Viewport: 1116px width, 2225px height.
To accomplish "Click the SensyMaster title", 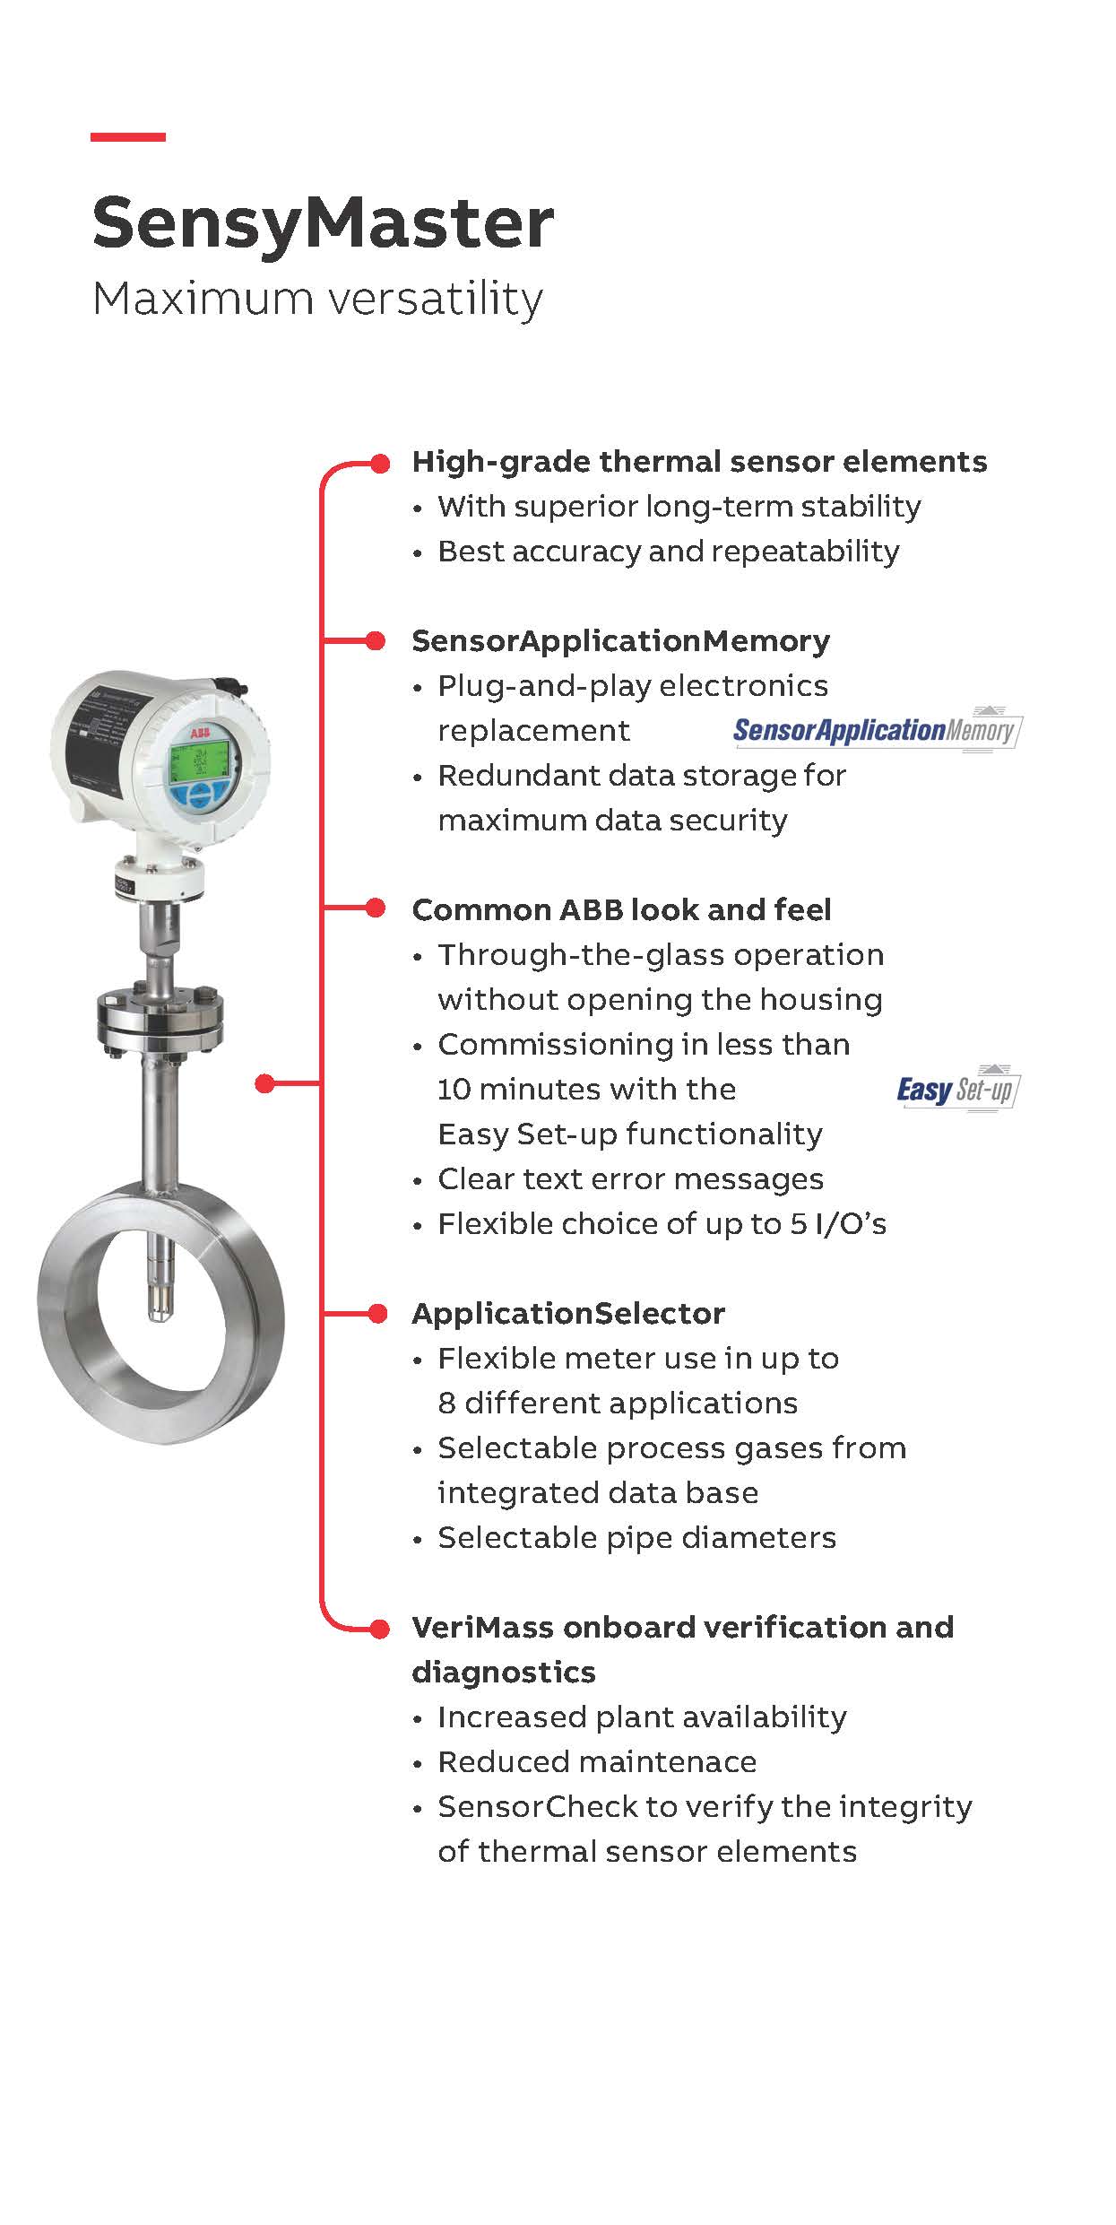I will tap(323, 222).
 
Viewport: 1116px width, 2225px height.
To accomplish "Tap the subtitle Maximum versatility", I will tap(317, 299).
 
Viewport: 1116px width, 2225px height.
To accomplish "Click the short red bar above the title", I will tap(128, 137).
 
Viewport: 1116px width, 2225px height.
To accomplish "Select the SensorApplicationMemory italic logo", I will tap(877, 730).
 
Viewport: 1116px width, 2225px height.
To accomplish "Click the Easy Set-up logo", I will tap(957, 1089).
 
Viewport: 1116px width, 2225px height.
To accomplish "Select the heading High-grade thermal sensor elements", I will tap(699, 462).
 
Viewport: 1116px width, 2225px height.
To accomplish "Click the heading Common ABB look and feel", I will tap(621, 910).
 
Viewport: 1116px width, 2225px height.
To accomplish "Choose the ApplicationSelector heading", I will tap(568, 1314).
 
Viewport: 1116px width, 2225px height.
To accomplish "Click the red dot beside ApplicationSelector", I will tap(377, 1314).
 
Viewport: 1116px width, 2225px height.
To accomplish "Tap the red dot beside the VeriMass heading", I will tap(379, 1628).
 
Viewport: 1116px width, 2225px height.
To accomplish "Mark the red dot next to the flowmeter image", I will tap(264, 1084).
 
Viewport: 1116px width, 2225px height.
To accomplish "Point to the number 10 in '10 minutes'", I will tap(452, 1090).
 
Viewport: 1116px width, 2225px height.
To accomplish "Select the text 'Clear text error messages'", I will tap(630, 1179).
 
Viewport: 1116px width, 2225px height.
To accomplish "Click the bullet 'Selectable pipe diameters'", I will tap(636, 1538).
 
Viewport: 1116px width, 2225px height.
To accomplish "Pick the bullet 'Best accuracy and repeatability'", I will tap(668, 552).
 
